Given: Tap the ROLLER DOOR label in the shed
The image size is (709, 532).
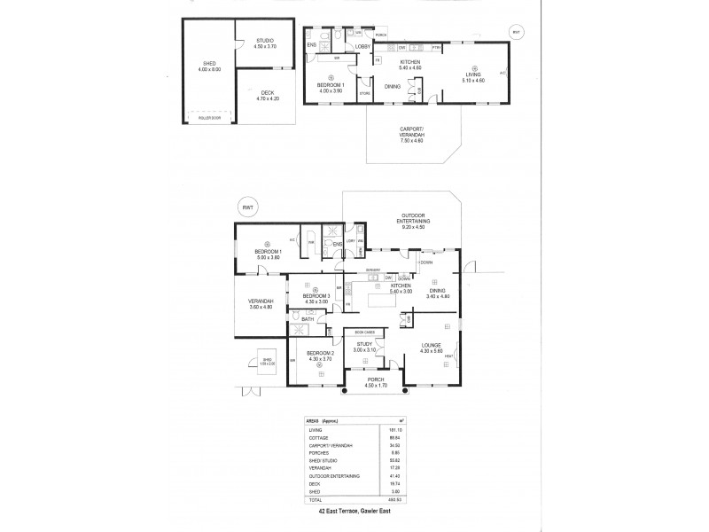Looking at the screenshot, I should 209,117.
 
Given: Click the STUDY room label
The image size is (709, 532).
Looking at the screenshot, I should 363,346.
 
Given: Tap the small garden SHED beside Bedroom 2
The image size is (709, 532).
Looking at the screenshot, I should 268,362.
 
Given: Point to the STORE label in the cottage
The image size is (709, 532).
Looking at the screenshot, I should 363,92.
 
